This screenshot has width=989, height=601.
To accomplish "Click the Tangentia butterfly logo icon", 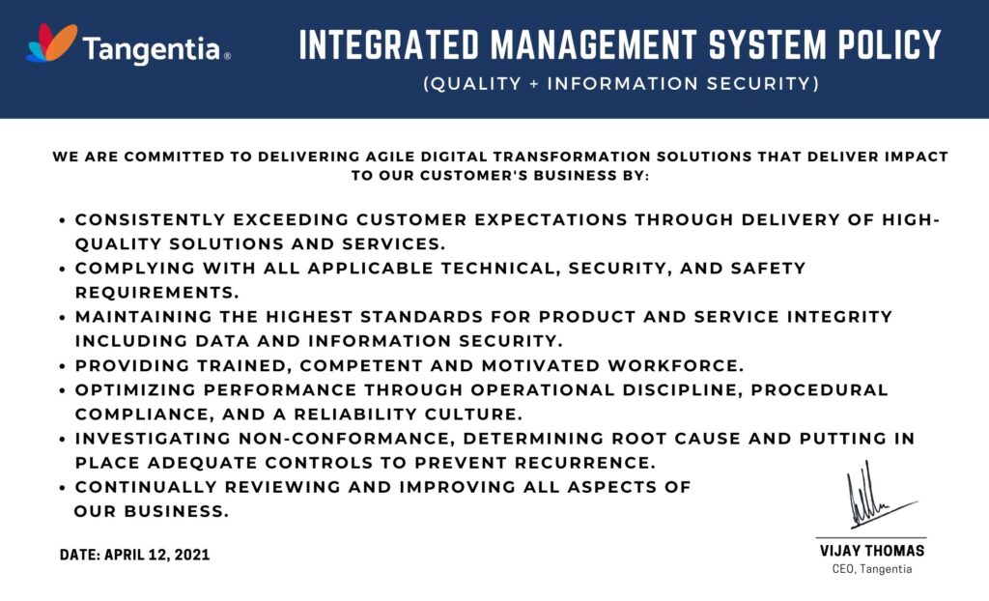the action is [x=52, y=43].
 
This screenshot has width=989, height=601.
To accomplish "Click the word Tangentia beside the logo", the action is [x=152, y=49].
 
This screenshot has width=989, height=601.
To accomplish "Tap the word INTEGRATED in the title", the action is [x=389, y=44].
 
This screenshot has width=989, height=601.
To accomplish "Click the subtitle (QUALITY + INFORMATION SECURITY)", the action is [x=621, y=83].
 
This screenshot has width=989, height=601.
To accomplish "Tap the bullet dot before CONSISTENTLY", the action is [x=62, y=221].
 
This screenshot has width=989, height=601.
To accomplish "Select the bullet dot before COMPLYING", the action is [x=62, y=270].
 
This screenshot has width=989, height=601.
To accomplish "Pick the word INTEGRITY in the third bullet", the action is [x=839, y=316].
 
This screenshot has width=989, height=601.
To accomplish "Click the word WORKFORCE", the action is [x=676, y=365].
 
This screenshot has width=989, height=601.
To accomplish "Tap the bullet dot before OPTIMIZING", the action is [x=62, y=390].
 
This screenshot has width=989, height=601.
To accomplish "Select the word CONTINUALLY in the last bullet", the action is [x=147, y=487].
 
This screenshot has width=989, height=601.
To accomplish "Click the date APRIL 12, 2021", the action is [x=157, y=555].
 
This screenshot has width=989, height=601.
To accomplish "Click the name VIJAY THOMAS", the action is [x=872, y=551].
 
